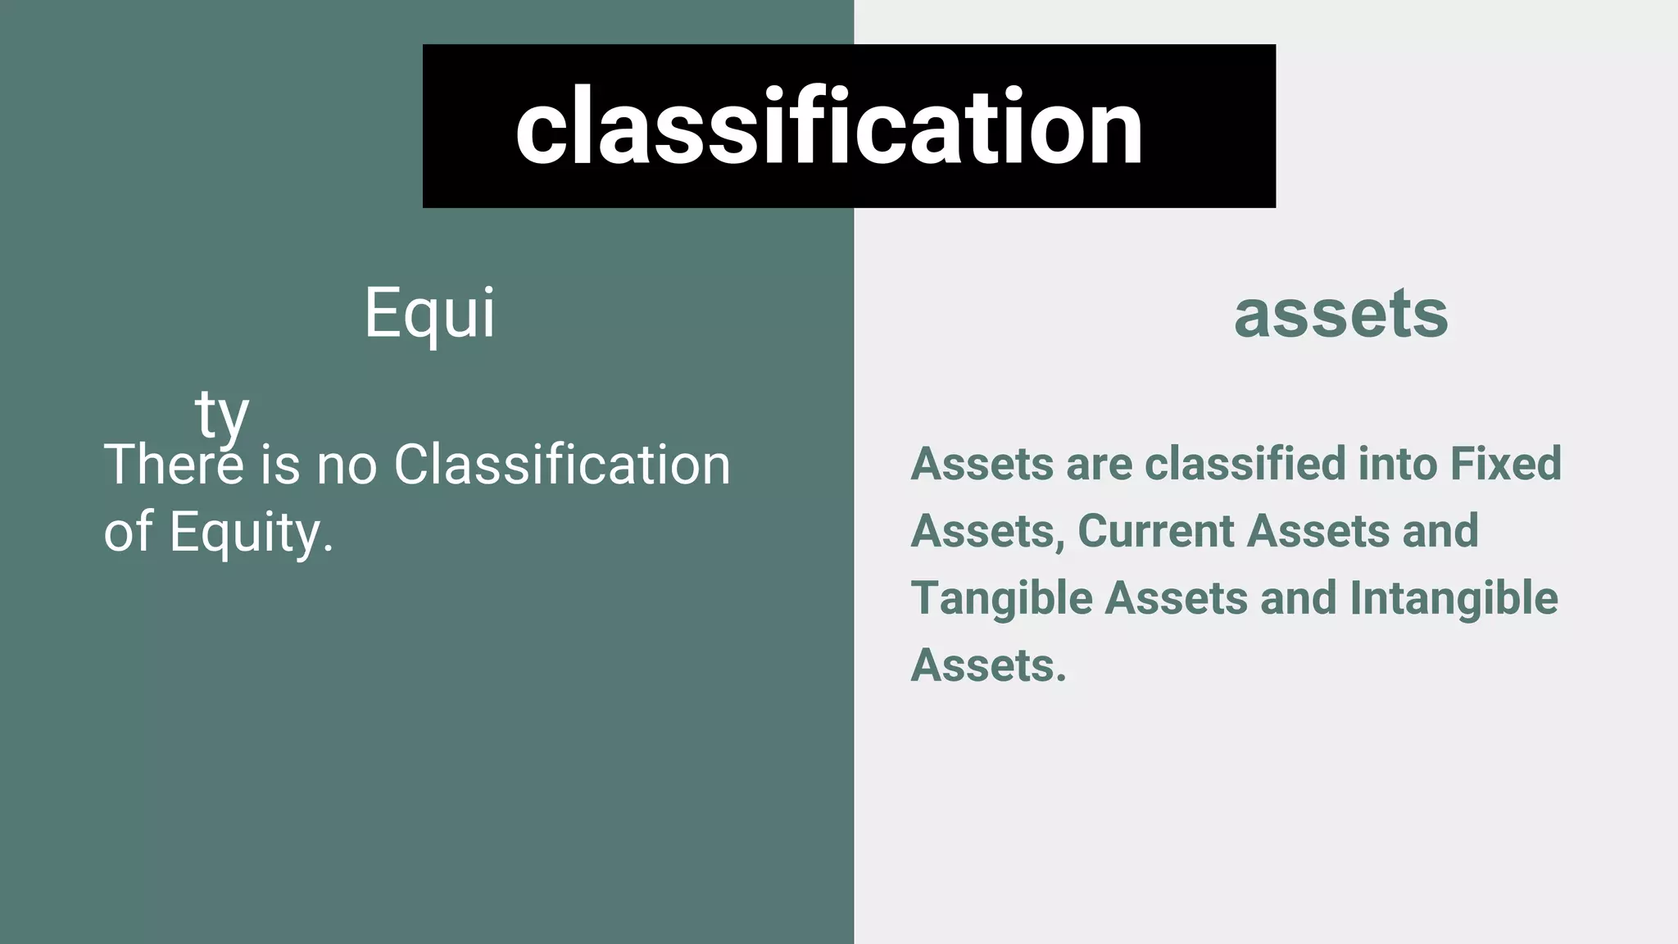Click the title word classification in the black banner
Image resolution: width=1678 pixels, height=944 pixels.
point(828,127)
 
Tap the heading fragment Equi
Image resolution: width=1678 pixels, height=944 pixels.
point(429,313)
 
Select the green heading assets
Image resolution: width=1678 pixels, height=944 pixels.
point(1340,313)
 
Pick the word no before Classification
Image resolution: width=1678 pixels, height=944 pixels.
point(347,465)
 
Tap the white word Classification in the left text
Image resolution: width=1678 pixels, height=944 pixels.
point(561,465)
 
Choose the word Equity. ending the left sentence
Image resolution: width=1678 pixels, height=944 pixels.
point(252,533)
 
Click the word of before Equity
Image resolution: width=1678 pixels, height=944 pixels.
point(129,531)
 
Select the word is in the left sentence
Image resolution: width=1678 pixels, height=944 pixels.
point(280,465)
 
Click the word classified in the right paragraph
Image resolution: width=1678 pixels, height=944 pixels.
point(1245,464)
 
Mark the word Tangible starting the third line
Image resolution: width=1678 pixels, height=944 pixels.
point(1001,598)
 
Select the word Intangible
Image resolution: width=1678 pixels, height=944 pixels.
point(1454,598)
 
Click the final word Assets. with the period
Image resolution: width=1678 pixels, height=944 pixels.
point(988,665)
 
